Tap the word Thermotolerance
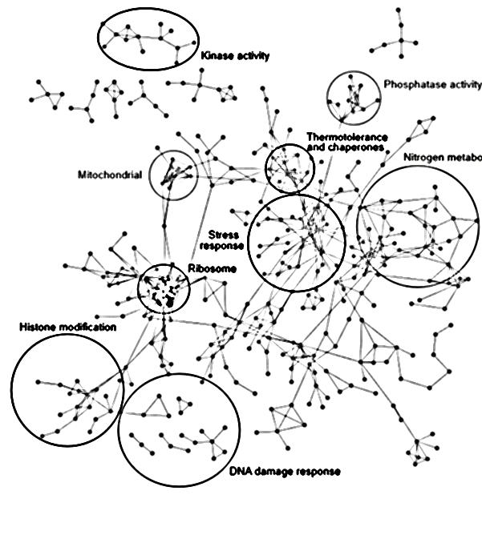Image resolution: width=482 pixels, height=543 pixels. tap(346, 137)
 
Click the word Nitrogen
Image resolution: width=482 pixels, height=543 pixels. tap(425, 157)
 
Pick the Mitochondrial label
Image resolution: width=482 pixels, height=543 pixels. tap(110, 175)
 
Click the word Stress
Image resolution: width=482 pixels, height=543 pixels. tap(220, 235)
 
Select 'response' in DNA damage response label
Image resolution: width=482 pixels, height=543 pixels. tap(318, 472)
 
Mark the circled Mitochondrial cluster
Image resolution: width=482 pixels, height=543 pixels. tap(172, 174)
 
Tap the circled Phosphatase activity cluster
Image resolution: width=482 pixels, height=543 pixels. tap(351, 97)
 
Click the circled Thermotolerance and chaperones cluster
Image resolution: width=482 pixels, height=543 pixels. tap(290, 168)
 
